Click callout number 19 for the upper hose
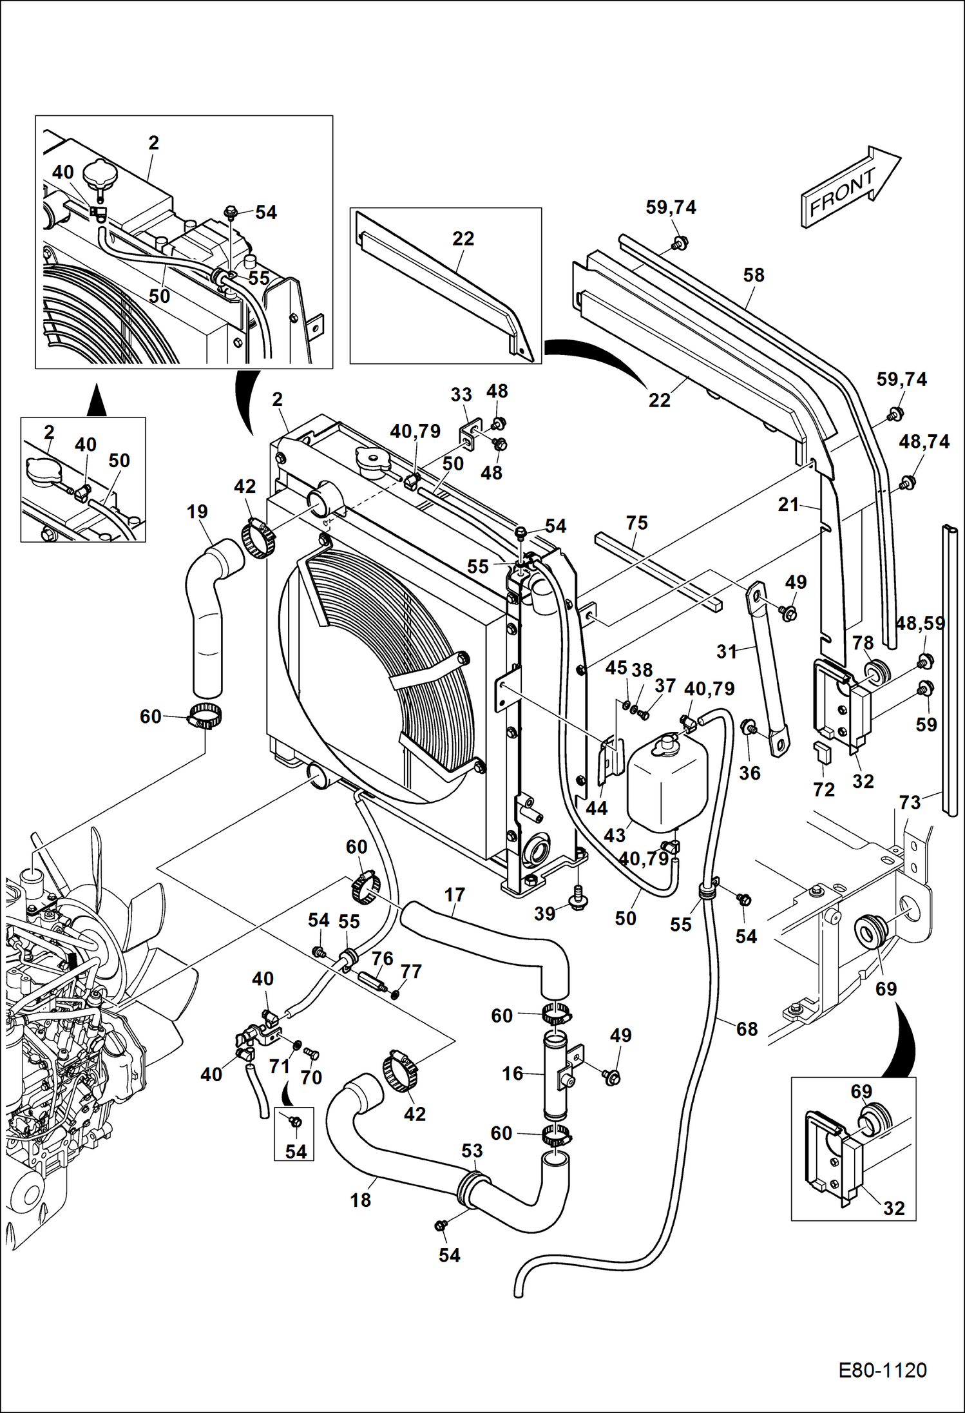197,512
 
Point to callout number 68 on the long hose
747,1029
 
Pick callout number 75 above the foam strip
636,523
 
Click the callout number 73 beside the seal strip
910,802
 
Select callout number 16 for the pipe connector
513,1073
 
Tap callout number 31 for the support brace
727,652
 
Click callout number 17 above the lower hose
455,895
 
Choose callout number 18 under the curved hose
361,1200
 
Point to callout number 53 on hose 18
472,1150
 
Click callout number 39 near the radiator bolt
545,914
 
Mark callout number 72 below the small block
824,789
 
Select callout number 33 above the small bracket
461,394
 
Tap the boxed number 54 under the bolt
296,1151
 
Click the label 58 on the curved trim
754,275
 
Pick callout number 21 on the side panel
788,505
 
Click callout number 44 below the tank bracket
597,808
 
